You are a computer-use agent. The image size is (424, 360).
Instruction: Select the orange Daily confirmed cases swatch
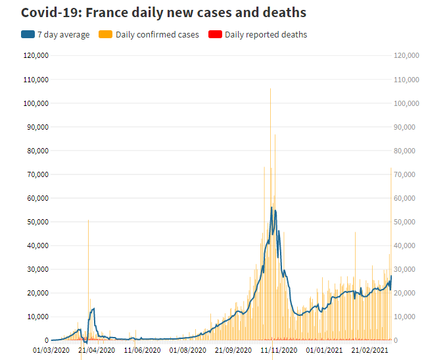click(105, 34)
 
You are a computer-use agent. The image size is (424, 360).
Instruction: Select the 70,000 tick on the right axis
click(406, 174)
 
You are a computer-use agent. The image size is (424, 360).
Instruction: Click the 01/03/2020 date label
click(52, 350)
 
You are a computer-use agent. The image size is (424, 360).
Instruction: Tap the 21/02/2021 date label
click(369, 350)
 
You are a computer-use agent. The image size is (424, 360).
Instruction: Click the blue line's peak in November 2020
click(271, 207)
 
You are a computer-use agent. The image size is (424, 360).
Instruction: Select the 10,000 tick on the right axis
click(406, 317)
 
